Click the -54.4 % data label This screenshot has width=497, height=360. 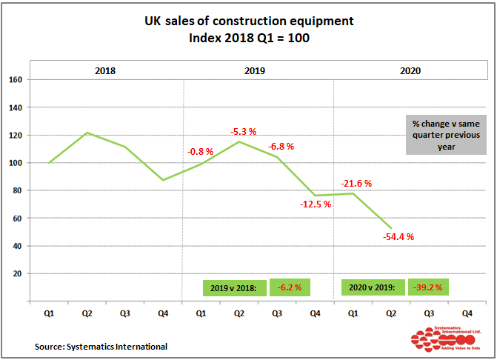[398, 237]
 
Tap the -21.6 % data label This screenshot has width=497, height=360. [356, 183]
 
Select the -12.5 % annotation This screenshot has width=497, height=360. [315, 204]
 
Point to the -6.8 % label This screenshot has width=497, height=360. [281, 146]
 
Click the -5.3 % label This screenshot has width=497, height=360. [243, 132]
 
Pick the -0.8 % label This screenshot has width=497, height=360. [200, 151]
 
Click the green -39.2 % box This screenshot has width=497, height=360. [428, 287]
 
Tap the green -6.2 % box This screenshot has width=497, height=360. [290, 287]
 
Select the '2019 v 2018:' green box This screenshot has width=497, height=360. [234, 287]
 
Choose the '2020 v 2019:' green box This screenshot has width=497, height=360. [373, 287]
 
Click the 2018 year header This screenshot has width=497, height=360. [105, 71]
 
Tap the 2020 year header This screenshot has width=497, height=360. [410, 71]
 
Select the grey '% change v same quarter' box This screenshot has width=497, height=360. [445, 134]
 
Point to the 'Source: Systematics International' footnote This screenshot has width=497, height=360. [101, 346]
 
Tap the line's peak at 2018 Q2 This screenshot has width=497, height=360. [87, 133]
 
